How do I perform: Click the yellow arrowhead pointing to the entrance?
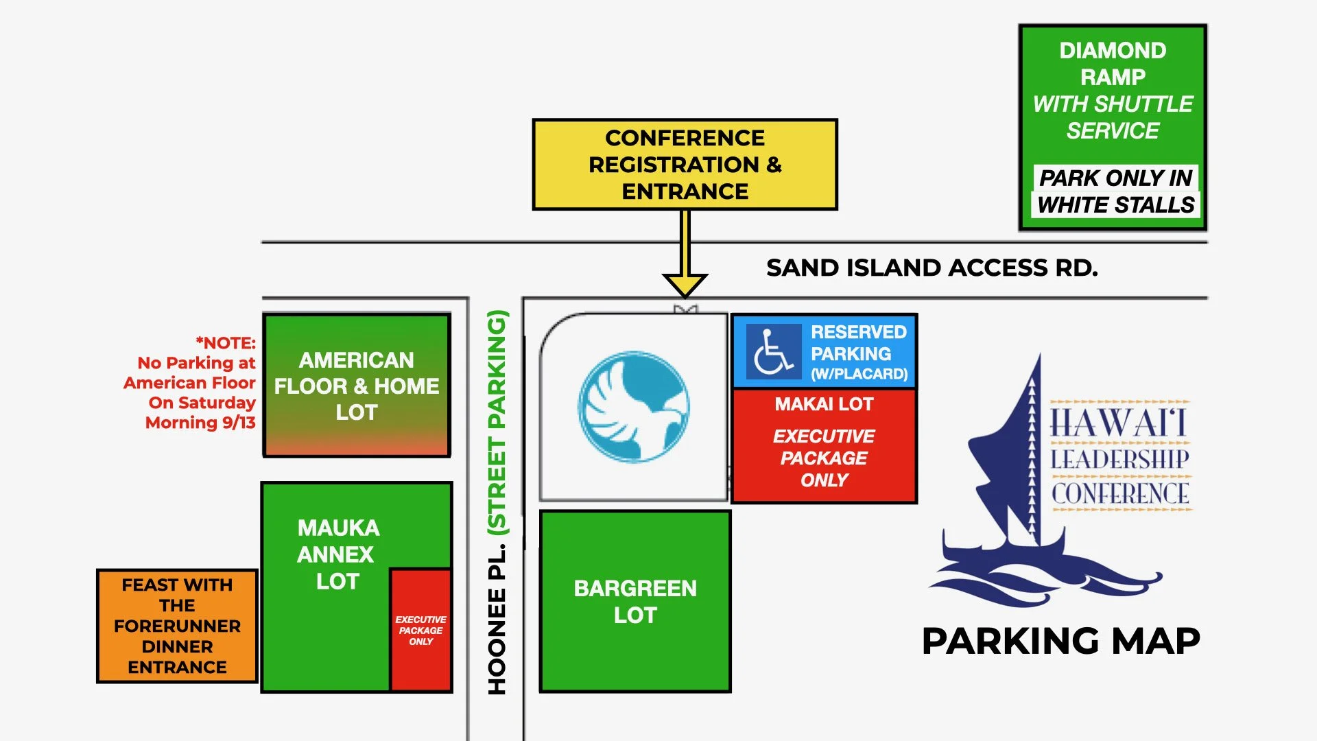click(x=685, y=283)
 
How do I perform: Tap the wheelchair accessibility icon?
click(x=773, y=352)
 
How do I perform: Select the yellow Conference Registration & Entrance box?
click(x=685, y=165)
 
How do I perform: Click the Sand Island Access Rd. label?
click(x=932, y=268)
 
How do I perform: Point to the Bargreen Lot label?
click(x=635, y=602)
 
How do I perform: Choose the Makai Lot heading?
click(x=824, y=404)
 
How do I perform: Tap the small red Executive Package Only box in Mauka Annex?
click(x=420, y=630)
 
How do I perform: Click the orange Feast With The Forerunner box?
click(x=177, y=626)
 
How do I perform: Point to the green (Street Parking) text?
click(x=497, y=422)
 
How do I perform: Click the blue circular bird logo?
click(x=634, y=406)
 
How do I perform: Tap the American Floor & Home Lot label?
click(x=357, y=386)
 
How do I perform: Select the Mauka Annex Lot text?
click(x=337, y=554)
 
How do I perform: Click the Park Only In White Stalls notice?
click(x=1115, y=191)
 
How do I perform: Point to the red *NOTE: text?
click(x=226, y=343)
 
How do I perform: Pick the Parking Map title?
click(x=1060, y=642)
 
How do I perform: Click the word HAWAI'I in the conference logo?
click(x=1118, y=422)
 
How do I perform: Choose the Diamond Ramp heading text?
click(x=1113, y=63)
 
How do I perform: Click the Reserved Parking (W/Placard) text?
click(x=859, y=353)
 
